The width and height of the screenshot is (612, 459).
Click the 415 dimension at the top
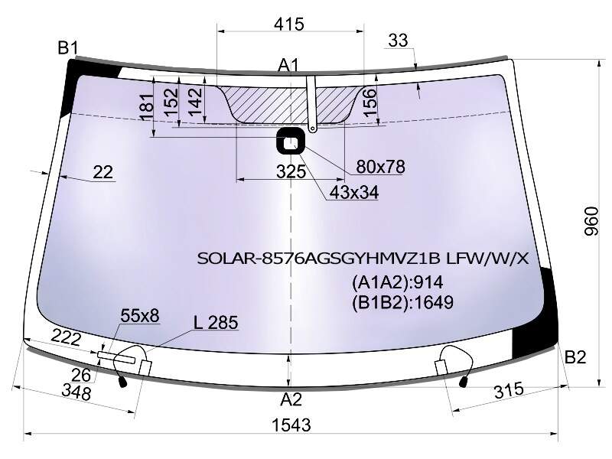(289, 24)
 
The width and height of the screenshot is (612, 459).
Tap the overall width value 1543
(291, 425)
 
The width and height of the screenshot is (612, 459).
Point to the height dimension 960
(591, 221)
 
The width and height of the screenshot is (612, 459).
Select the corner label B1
(68, 48)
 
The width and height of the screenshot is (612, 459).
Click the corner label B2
(575, 356)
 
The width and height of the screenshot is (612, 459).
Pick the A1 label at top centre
(288, 65)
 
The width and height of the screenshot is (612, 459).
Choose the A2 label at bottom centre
(291, 399)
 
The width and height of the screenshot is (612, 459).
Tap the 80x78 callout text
(380, 167)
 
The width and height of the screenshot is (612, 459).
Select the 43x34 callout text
(354, 192)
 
